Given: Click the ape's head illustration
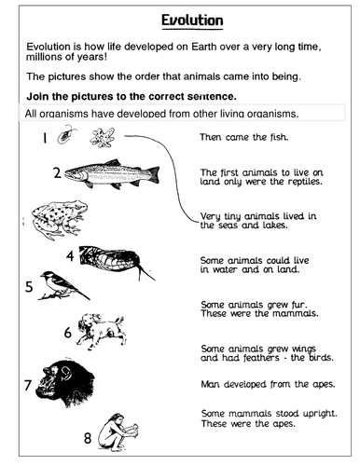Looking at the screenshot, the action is coord(68,382).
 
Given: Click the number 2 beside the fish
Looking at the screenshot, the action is coord(57,172).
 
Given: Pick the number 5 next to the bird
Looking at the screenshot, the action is coord(29,287).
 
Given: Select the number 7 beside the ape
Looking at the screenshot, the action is coord(27,383).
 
